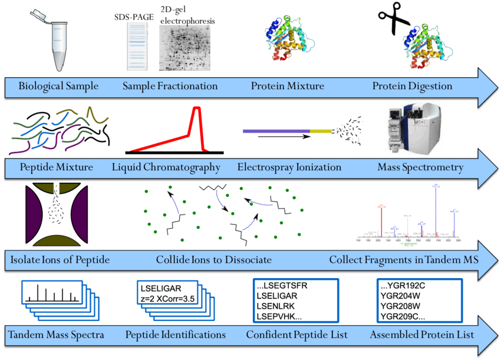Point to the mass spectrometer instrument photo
418,130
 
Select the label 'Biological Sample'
58,87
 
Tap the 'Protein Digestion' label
412,87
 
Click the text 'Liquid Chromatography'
166,168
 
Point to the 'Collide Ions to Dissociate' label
213,259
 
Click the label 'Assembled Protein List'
422,335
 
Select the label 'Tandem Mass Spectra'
56,335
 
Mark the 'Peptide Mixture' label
56,168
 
